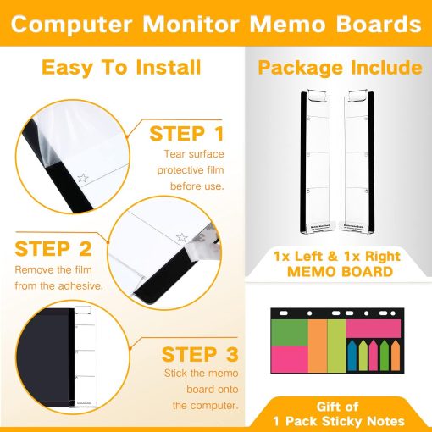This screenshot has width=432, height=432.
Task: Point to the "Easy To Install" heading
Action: [x=121, y=67]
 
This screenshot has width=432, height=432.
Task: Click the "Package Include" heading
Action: [x=338, y=67]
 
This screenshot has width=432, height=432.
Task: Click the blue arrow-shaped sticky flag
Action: [x=352, y=355]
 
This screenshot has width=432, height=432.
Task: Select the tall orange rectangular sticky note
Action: [x=317, y=344]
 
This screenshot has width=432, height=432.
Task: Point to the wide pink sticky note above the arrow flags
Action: [x=372, y=327]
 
